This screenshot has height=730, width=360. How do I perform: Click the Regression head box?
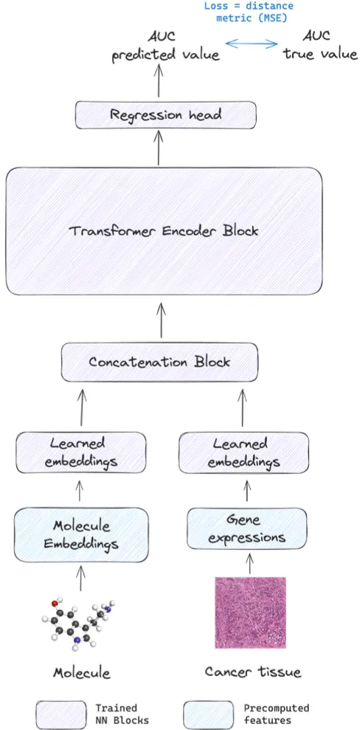(166, 115)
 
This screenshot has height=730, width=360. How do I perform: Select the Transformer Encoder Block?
(164, 231)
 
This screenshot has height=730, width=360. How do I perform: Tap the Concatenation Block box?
(159, 362)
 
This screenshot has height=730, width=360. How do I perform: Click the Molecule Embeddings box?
(81, 534)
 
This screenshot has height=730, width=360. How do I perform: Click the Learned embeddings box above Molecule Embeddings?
(81, 452)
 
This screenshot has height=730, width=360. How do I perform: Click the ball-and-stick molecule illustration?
(78, 620)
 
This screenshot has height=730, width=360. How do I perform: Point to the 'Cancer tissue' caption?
(253, 672)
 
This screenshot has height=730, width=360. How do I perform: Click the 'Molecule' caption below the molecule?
(81, 672)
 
